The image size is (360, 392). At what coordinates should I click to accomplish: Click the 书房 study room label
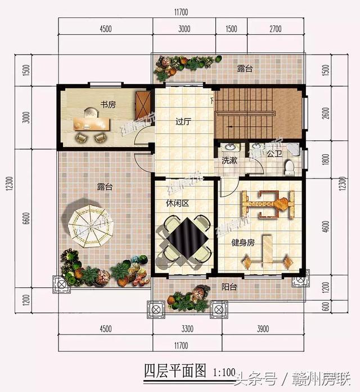click(x=109, y=104)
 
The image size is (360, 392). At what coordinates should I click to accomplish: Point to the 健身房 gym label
click(x=244, y=243)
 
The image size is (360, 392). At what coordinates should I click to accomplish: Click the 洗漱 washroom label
click(x=229, y=160)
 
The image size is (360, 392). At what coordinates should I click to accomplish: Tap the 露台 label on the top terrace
click(x=244, y=69)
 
